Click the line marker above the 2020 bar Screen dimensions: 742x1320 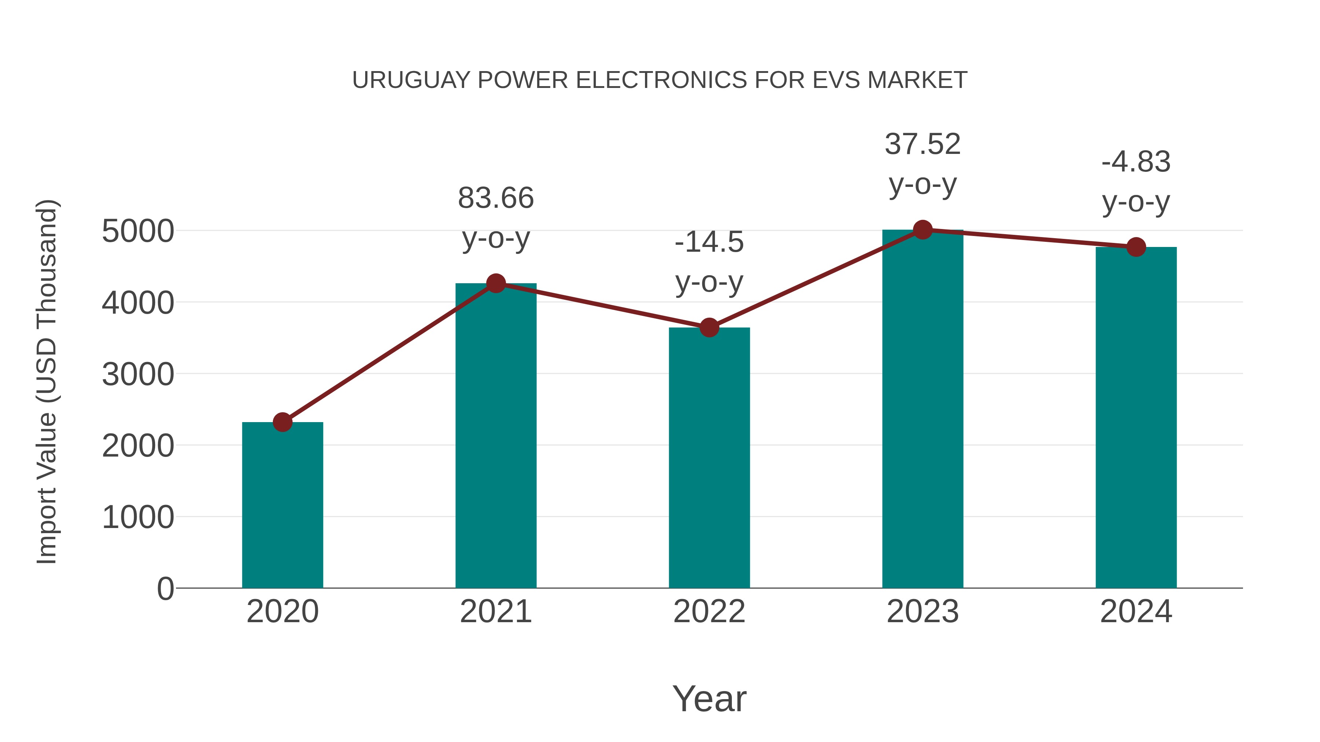pos(282,422)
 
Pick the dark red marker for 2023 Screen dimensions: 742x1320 pos(923,230)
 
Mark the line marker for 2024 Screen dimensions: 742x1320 pos(1136,247)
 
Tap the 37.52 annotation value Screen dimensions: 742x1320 pos(923,144)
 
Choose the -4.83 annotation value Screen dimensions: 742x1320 pos(1136,162)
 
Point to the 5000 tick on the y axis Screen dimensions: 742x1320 pos(138,232)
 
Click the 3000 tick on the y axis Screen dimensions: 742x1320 pos(138,374)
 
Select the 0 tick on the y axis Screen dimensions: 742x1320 pos(165,588)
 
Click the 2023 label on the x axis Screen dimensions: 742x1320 pos(923,612)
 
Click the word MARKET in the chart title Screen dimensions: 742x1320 pos(917,80)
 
